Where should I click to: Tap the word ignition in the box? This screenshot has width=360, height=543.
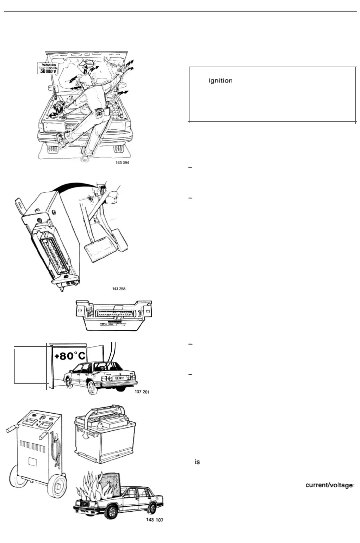pos(220,81)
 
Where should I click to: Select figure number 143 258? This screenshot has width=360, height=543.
pos(119,289)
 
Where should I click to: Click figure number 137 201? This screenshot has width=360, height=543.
pos(142,392)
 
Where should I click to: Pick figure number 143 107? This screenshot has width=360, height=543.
pos(155,520)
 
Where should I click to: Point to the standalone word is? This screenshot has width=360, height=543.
pos(197,462)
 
